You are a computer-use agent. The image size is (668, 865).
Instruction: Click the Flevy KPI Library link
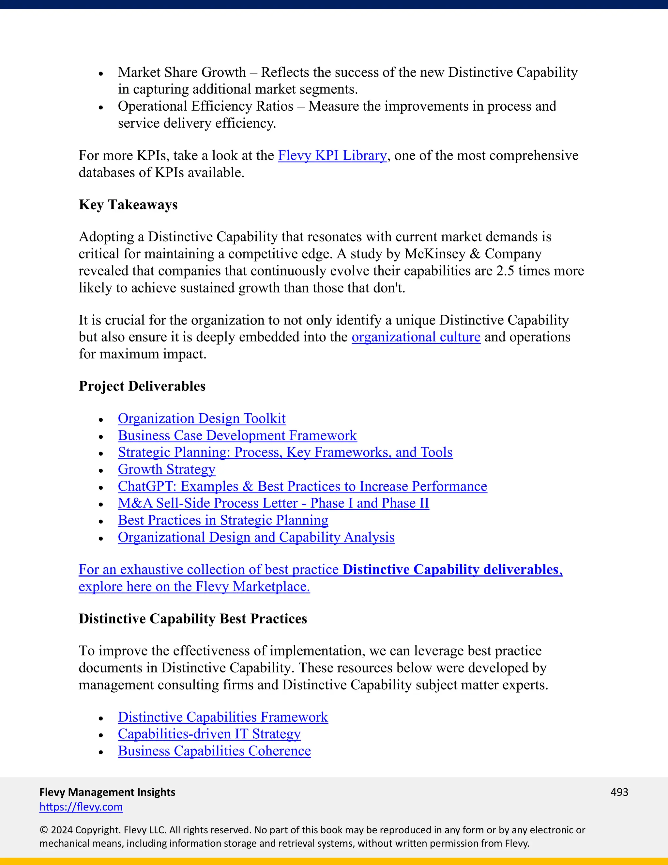click(x=332, y=155)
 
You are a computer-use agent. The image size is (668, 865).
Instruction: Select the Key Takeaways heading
click(x=128, y=205)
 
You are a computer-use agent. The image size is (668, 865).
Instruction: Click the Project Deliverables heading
click(x=142, y=386)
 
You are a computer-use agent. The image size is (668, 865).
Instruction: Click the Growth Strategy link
click(x=166, y=469)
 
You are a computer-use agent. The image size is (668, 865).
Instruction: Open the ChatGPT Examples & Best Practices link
click(x=302, y=486)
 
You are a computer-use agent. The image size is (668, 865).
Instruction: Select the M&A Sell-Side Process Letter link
click(x=273, y=503)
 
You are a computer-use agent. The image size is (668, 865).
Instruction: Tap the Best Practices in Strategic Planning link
click(x=223, y=520)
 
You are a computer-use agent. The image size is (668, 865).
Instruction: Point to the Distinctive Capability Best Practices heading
click(x=193, y=619)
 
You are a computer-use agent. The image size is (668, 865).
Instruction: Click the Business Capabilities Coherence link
click(x=214, y=751)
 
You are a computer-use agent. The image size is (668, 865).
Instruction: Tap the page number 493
click(x=619, y=792)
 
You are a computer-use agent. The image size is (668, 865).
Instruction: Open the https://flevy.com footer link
click(x=81, y=807)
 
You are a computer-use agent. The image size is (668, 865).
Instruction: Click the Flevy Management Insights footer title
click(x=107, y=792)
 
